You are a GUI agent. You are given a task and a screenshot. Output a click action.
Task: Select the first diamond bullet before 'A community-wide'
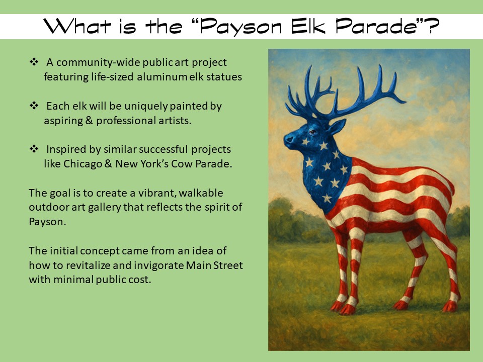tap(34, 62)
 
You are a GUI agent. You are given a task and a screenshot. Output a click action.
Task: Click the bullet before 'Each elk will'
tap(34, 106)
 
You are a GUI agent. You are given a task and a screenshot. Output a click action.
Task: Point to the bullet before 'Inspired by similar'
tap(34, 149)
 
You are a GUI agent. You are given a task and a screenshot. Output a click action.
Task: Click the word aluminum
tap(162, 76)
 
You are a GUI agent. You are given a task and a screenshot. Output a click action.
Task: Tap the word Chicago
tap(83, 164)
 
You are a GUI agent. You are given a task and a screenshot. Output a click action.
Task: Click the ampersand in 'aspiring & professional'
tap(90, 120)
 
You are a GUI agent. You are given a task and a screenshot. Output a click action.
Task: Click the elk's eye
tap(312, 132)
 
